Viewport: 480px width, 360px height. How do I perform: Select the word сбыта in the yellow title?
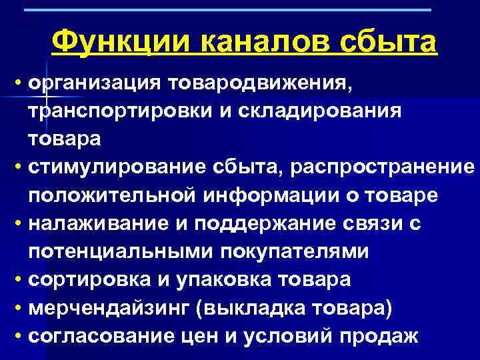click(x=390, y=43)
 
